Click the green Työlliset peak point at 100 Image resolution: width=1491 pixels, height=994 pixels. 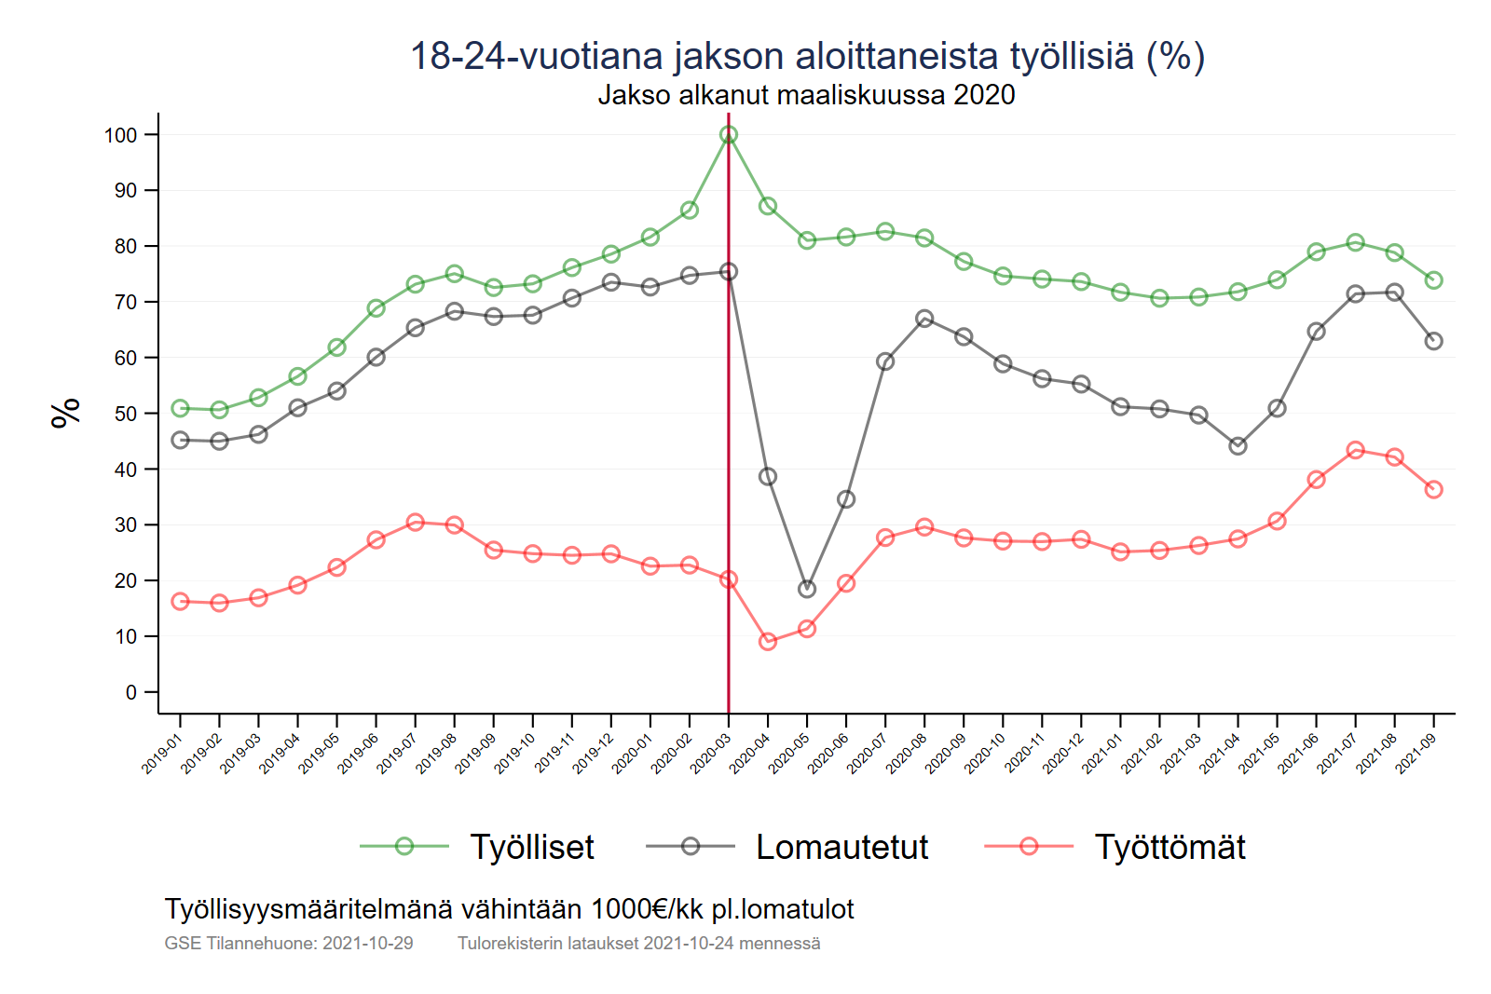729,135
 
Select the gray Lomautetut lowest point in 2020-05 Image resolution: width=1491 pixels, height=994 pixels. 807,589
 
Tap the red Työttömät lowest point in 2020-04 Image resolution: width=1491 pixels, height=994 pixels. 768,641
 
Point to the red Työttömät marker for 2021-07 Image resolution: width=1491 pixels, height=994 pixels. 1356,450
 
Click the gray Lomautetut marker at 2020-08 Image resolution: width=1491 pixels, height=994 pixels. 924,319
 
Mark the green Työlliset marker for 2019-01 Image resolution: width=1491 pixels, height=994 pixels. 180,409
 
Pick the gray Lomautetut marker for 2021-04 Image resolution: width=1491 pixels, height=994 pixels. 1238,446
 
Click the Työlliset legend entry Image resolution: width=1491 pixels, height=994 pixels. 531,847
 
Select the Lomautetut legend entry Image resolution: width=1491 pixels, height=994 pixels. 841,847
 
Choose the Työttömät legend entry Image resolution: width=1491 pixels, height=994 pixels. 1170,847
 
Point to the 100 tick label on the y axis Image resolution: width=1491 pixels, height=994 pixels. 120,135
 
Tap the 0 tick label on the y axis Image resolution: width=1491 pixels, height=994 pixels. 131,692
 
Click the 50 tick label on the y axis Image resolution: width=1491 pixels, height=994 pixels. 125,414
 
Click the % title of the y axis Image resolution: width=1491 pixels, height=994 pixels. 66,413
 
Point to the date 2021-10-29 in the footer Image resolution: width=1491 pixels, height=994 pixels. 367,943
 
